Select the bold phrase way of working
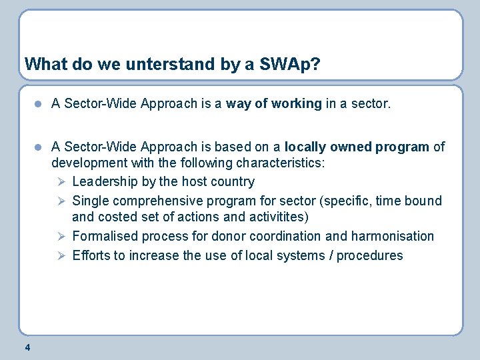tap(274, 103)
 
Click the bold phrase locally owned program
tap(357, 147)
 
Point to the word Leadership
tap(105, 181)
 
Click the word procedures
tap(370, 255)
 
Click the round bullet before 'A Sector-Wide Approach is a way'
tap(39, 104)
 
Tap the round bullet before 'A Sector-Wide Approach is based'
tap(39, 147)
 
